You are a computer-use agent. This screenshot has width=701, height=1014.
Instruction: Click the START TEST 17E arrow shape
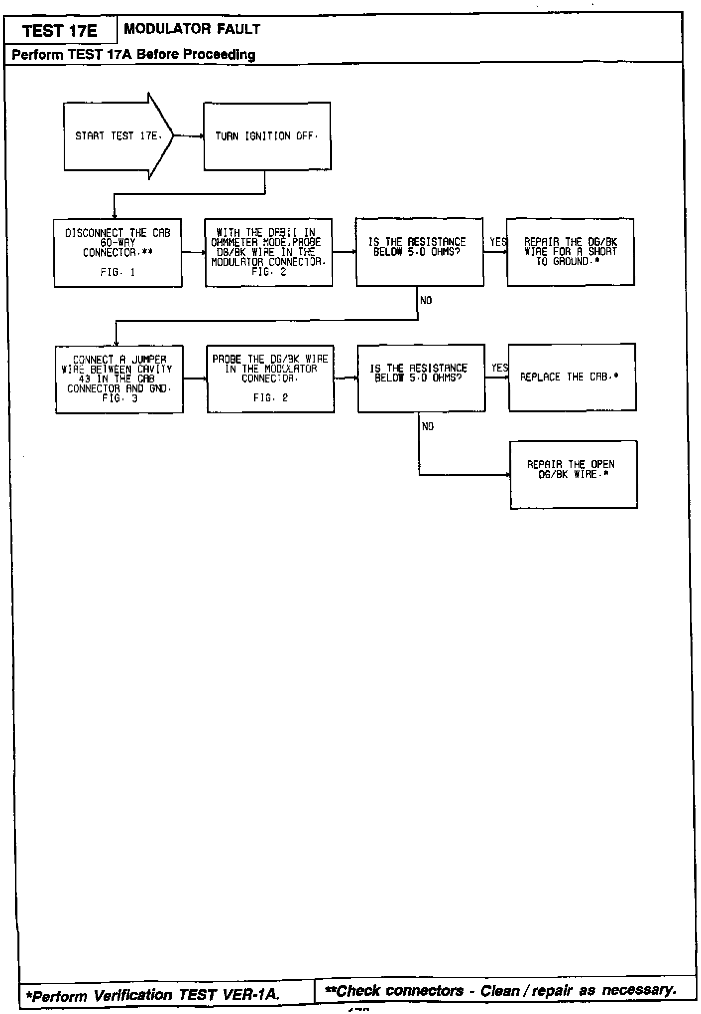coord(118,136)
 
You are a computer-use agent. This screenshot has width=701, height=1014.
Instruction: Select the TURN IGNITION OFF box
coord(267,136)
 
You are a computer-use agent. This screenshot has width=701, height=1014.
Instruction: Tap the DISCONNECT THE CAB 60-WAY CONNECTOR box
coord(118,253)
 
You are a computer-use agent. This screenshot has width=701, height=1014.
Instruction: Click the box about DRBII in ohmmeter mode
coord(269,253)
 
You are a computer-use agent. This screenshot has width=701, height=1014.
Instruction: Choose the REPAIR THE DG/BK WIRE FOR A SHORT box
coord(570,252)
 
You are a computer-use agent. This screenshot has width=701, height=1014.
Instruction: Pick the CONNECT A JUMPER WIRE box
coord(119,379)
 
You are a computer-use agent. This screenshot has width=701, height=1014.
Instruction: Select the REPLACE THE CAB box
coord(572,377)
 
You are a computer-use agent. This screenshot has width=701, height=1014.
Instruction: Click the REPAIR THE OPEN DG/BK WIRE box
coord(573,474)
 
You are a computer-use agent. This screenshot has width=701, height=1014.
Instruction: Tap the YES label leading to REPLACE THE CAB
coord(499,368)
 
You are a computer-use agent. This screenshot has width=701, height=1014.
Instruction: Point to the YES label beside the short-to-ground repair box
coord(498,242)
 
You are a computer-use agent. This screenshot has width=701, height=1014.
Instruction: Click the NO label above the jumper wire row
coord(426,300)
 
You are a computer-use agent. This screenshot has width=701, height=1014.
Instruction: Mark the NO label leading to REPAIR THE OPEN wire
coord(428,427)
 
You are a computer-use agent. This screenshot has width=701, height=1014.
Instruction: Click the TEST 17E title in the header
coord(60,31)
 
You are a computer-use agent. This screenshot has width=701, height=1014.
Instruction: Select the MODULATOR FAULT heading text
coord(192,29)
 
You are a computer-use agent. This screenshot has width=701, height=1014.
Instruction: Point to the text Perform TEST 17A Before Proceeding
coord(133,54)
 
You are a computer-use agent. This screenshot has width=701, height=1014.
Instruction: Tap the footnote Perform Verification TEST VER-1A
coord(152,995)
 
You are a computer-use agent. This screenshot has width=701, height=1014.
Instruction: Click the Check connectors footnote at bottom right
coord(500,991)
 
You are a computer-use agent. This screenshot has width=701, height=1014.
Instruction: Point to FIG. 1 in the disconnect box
coord(117,272)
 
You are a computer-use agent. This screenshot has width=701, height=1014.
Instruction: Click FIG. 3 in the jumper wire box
coord(119,398)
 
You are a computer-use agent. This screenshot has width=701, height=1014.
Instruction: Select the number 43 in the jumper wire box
coord(85,379)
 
